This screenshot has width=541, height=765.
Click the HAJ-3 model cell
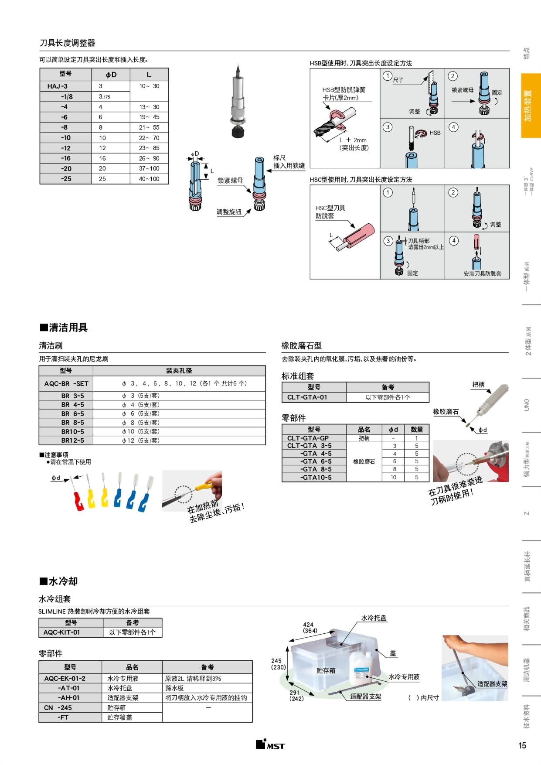pyautogui.click(x=57, y=86)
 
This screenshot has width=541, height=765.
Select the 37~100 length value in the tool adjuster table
pyautogui.click(x=149, y=168)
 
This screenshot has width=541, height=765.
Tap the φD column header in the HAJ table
pyautogui.click(x=111, y=75)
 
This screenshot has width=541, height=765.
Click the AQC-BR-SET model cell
pyautogui.click(x=66, y=384)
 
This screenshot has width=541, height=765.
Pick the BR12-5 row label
pyautogui.click(x=72, y=441)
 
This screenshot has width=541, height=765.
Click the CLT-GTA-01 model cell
pyautogui.click(x=307, y=397)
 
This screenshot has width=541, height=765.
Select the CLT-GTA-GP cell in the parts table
pyautogui.click(x=308, y=438)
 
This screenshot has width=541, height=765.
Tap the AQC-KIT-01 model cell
pyautogui.click(x=61, y=632)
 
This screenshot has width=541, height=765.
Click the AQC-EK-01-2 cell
pyautogui.click(x=65, y=679)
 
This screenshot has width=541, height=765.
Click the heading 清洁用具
pyautogui.click(x=68, y=328)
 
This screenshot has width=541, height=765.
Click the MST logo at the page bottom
pyautogui.click(x=270, y=745)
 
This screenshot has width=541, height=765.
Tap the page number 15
pyautogui.click(x=522, y=745)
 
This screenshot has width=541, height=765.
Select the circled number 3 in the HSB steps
pyautogui.click(x=388, y=127)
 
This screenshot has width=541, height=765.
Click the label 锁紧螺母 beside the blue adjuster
pyautogui.click(x=230, y=181)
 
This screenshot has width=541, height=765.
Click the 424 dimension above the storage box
pyautogui.click(x=308, y=625)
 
